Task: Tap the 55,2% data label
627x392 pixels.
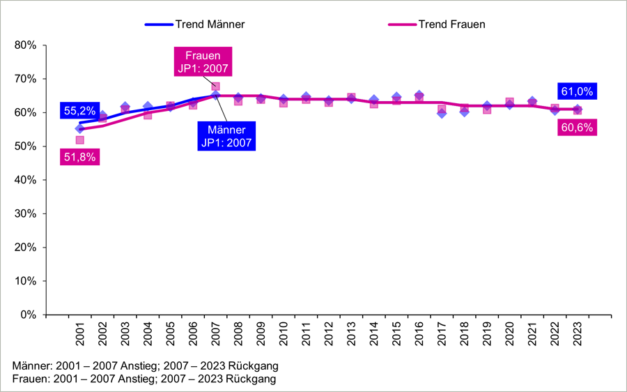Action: tap(79, 110)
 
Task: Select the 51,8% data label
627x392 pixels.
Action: tap(79, 157)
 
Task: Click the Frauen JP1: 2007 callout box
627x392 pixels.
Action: tap(203, 62)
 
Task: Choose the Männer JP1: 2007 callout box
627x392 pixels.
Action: tap(226, 136)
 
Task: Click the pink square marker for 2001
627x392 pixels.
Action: tap(79, 140)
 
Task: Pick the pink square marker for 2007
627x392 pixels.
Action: tap(215, 86)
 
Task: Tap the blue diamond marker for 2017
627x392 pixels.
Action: tap(442, 113)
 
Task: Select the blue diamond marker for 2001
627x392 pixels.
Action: tap(79, 128)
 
